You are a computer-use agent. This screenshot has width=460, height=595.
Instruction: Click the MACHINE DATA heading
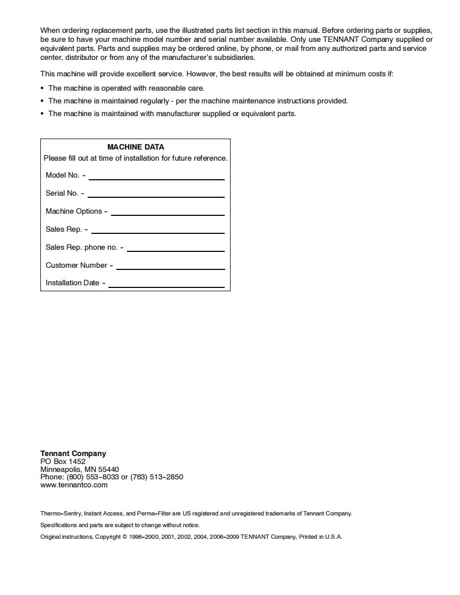(135, 147)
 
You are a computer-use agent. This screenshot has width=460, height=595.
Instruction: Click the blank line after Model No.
(156, 179)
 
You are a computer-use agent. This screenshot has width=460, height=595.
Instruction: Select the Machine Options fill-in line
(167, 215)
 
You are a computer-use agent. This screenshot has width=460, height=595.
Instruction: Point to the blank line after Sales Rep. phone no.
(175, 251)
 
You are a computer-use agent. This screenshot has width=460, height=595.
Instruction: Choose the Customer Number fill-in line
(170, 269)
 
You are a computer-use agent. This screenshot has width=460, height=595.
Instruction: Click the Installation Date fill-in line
(166, 287)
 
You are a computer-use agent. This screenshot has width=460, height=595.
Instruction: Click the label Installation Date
(72, 283)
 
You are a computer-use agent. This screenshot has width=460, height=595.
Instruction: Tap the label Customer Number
(76, 265)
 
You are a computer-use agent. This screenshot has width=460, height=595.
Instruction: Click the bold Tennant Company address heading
(73, 453)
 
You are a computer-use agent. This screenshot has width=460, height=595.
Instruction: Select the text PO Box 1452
(63, 461)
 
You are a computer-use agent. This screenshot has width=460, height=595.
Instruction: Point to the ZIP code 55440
(109, 469)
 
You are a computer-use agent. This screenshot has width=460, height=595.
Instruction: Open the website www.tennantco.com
(74, 485)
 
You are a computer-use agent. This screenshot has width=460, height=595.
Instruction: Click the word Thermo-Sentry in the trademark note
(60, 513)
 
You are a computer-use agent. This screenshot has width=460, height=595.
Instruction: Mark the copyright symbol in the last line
(125, 537)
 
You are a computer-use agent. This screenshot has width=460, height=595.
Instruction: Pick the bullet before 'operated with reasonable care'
(42, 89)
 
